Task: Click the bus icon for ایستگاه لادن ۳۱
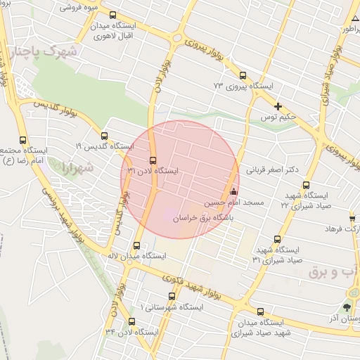(153, 159)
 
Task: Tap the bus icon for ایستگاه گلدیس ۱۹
(105, 136)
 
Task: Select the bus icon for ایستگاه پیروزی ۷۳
(243, 75)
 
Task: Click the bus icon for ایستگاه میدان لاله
(136, 246)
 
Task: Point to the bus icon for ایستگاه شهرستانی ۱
(171, 297)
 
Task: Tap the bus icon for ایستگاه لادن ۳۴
(131, 321)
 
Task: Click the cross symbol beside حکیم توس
(278, 107)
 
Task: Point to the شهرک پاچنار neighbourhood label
(58, 51)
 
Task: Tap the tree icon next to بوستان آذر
(347, 308)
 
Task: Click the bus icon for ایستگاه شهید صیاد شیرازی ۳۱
(277, 239)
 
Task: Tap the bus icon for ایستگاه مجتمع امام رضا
(22, 139)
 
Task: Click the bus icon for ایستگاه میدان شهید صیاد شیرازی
(261, 311)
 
